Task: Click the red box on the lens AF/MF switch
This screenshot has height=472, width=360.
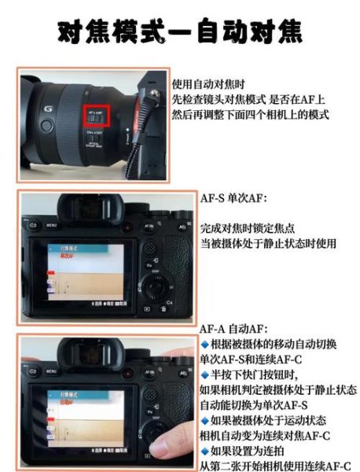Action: (x=97, y=116)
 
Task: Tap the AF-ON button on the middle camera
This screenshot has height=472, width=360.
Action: (x=149, y=225)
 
